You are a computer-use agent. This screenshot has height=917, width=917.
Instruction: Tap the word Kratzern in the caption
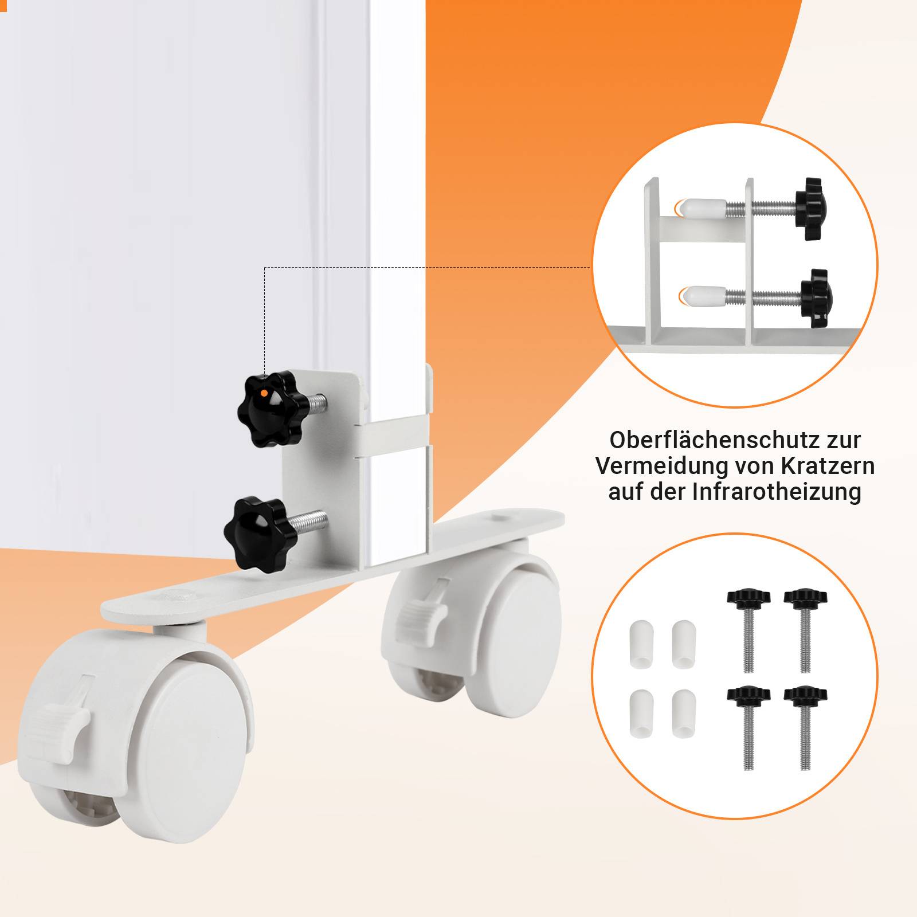click(828, 465)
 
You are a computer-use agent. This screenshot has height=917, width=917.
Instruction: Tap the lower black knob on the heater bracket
click(259, 531)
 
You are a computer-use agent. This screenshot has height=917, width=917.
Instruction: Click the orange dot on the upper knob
click(264, 393)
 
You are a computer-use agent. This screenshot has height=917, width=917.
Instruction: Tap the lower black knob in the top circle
click(814, 297)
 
